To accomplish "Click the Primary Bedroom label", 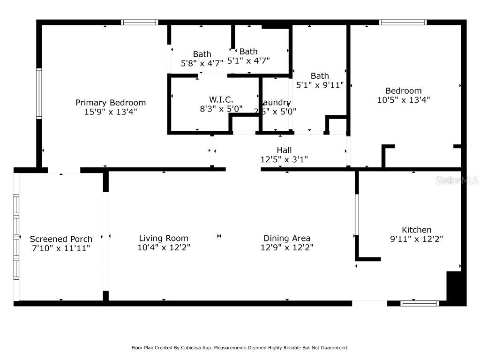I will coord(111,103).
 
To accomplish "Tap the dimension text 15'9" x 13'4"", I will coord(111,112).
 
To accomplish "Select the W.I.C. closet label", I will coord(221,99).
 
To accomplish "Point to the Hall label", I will coord(284,150).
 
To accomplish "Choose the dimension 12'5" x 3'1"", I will coord(284,160).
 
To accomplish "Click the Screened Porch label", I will coord(61,239).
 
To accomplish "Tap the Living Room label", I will coord(164,238).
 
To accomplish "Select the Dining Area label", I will coord(287,238).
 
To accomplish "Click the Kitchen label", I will coord(417,230).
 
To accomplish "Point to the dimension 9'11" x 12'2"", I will coord(417,239).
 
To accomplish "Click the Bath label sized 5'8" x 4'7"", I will coord(202,54).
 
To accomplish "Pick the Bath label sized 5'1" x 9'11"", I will coord(320,76).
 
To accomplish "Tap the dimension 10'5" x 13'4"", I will coord(404,100).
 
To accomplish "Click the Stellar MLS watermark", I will coord(457,180).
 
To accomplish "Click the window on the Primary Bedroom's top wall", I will coord(140,22).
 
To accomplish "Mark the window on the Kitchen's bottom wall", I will coord(420,303).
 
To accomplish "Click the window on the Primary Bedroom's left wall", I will coord(39,93).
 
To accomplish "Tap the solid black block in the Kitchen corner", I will coord(456,288).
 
